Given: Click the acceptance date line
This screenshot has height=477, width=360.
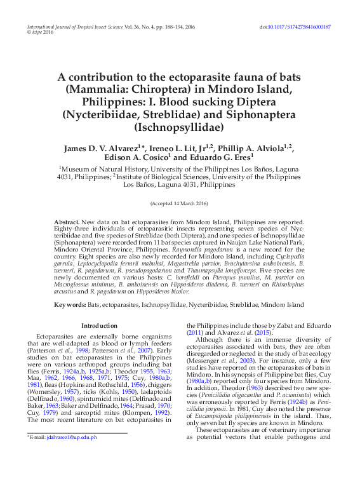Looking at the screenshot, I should tap(179, 203).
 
